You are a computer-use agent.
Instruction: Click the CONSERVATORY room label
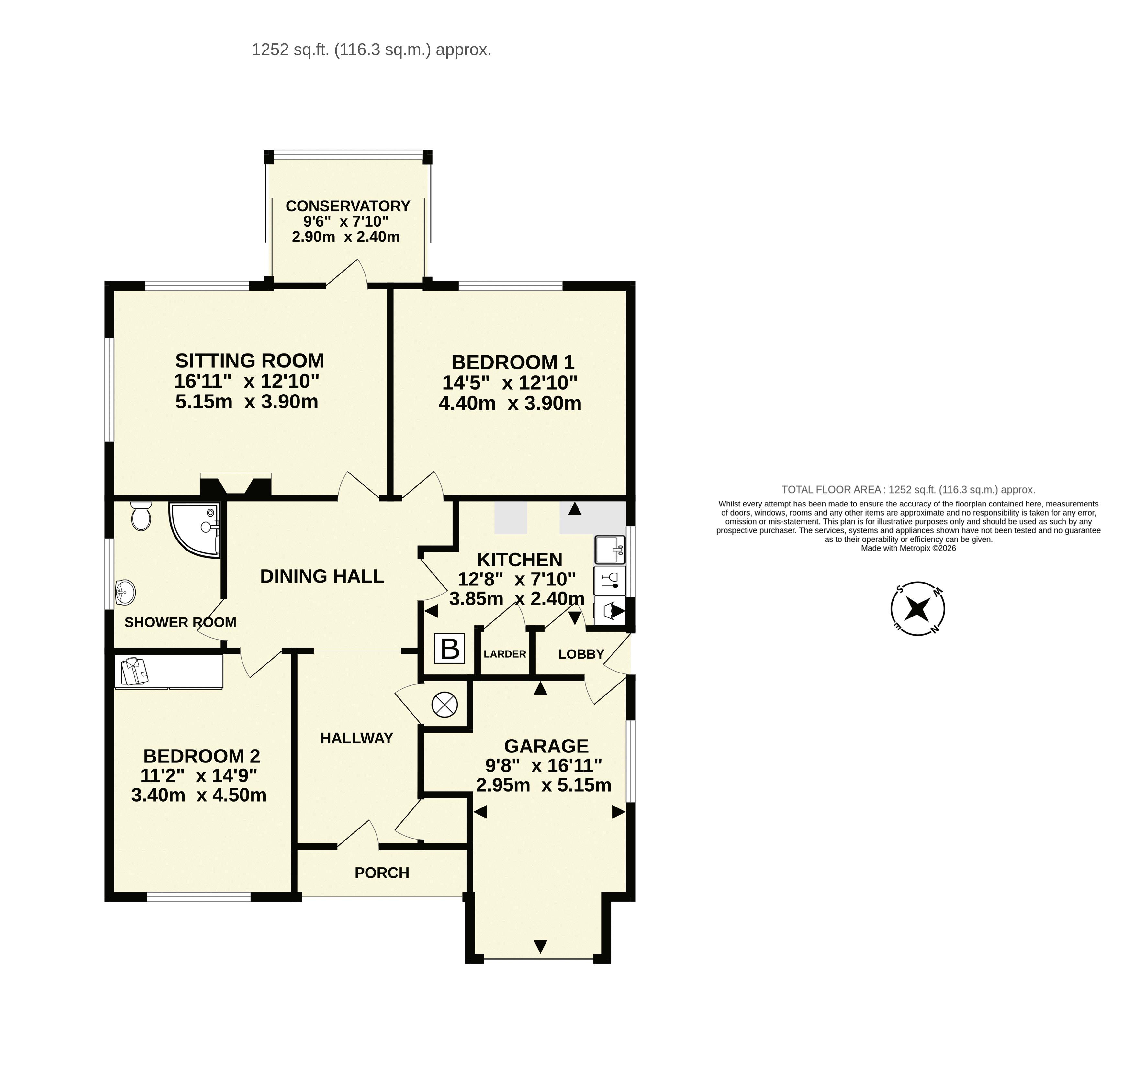[x=348, y=206]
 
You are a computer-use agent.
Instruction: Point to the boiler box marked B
[x=450, y=649]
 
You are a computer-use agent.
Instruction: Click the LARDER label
[x=505, y=654]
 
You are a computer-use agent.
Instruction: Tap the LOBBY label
[x=581, y=654]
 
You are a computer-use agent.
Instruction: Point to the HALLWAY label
[x=356, y=739]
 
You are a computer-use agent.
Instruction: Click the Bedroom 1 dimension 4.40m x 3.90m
[x=510, y=403]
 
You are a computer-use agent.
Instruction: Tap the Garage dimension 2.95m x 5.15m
[x=544, y=785]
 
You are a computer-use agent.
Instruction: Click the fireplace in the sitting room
[x=235, y=484]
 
